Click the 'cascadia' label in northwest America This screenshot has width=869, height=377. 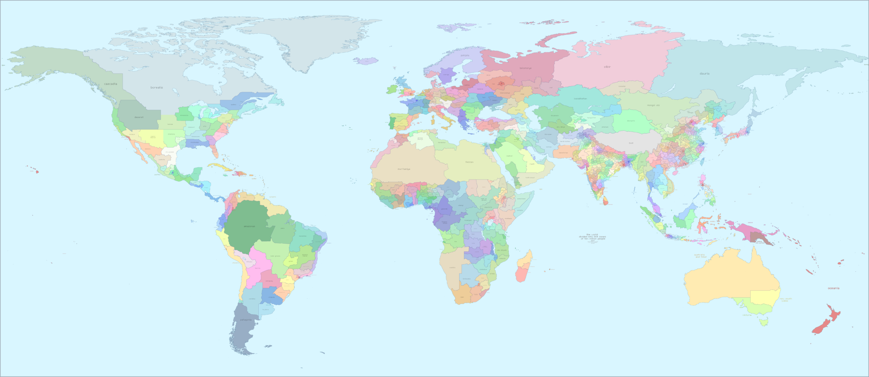[x=110, y=84]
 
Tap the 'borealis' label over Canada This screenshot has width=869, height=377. [x=157, y=87]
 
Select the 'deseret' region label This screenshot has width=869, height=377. [x=139, y=117]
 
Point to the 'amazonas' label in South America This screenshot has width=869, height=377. [x=249, y=226]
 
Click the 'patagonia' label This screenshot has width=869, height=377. [x=246, y=320]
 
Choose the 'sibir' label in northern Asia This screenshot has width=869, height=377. [x=607, y=67]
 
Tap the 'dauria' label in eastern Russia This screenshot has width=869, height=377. [x=704, y=73]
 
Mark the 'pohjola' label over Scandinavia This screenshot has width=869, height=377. [x=465, y=55]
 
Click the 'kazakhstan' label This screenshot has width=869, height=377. [x=580, y=98]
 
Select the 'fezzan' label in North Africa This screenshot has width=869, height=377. [x=469, y=162]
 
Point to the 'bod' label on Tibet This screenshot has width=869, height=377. [x=631, y=143]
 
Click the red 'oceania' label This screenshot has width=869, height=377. [x=833, y=288]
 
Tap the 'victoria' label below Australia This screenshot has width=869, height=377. [x=747, y=315]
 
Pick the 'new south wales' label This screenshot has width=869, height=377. [x=786, y=300]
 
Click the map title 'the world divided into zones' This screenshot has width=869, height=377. [x=593, y=236]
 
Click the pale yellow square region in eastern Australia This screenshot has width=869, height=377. [x=765, y=297]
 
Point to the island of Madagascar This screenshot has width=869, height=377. [x=524, y=267]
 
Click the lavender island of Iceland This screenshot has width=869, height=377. [x=367, y=61]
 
